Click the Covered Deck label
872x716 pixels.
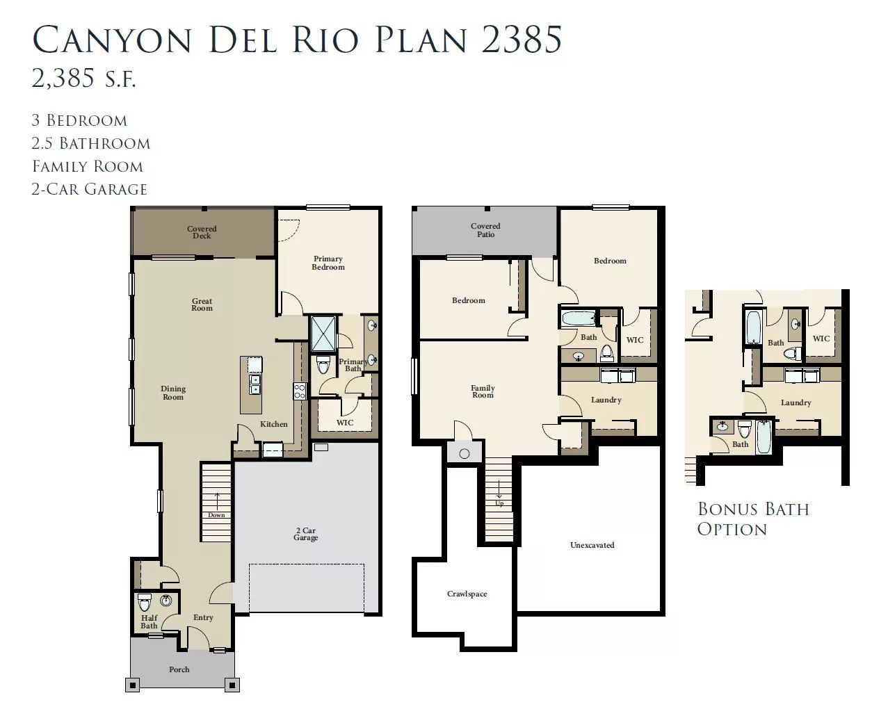(202, 232)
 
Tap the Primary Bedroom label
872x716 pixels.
(328, 263)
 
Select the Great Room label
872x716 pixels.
(202, 304)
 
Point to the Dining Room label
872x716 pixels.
(173, 393)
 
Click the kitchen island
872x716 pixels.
(251, 385)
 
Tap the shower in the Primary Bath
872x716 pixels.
(323, 334)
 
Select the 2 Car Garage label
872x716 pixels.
(305, 534)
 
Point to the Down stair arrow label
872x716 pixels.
(216, 515)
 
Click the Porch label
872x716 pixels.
(179, 669)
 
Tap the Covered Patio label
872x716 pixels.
(485, 230)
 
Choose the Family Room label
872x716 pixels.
(483, 391)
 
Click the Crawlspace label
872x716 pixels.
(467, 594)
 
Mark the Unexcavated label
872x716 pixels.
(592, 545)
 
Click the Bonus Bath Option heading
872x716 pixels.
(753, 519)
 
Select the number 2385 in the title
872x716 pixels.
(522, 40)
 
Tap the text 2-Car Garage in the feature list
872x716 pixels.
(89, 189)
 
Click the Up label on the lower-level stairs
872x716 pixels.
(499, 503)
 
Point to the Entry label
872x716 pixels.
(203, 617)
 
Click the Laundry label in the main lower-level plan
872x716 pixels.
(606, 400)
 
